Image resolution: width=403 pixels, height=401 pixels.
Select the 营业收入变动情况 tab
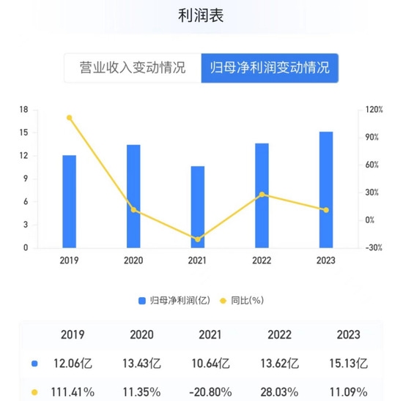point(132,69)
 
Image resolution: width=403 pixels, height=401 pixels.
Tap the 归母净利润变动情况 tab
point(269,69)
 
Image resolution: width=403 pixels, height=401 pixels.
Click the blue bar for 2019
point(70,201)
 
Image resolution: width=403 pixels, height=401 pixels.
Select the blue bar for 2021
point(198,207)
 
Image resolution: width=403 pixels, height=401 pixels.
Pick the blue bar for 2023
point(326,190)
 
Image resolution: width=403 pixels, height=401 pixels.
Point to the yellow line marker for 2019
point(70,118)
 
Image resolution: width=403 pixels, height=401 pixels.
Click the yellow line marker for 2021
point(198,239)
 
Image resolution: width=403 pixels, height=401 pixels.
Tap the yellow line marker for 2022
point(262,195)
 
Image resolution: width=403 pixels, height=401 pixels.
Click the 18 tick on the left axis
point(23,110)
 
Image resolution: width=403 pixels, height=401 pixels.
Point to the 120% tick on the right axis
point(374,110)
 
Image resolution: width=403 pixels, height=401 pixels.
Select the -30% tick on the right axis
point(374,248)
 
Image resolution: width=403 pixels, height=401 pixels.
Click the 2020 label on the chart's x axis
point(133,261)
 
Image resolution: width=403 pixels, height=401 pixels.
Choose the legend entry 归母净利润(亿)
point(174,300)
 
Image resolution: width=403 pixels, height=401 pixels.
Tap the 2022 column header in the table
point(281,335)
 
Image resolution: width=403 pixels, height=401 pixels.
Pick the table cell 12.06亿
point(73,363)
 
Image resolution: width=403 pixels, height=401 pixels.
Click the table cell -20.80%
point(211,391)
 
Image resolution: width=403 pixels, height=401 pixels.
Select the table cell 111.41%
point(73,391)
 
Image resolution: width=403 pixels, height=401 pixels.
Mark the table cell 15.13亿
point(348,363)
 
